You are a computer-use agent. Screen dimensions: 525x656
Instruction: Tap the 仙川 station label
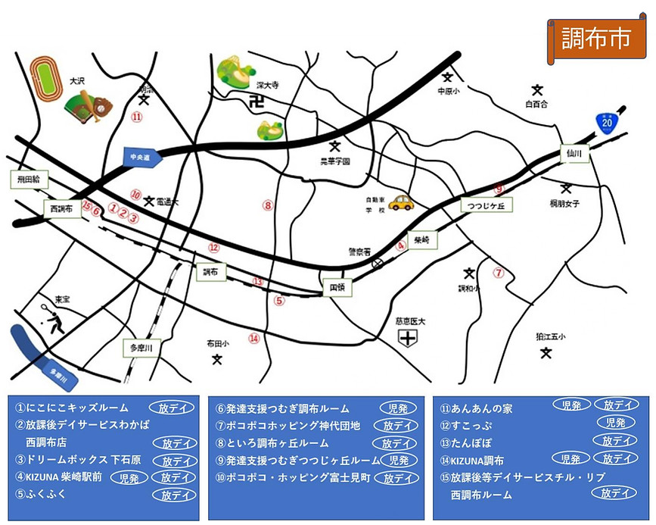[574, 153]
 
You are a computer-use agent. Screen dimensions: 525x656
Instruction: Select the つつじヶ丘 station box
[487, 205]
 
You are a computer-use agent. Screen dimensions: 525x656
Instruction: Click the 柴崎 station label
[421, 239]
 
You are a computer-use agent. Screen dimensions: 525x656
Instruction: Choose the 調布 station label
[210, 271]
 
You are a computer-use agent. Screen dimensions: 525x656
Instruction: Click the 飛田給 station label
[29, 180]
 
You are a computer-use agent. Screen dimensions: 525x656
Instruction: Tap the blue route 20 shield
[605, 121]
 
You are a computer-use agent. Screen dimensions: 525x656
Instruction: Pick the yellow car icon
[401, 202]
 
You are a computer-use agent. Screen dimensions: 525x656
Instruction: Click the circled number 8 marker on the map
[267, 205]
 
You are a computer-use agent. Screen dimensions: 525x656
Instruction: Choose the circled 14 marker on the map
[254, 339]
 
